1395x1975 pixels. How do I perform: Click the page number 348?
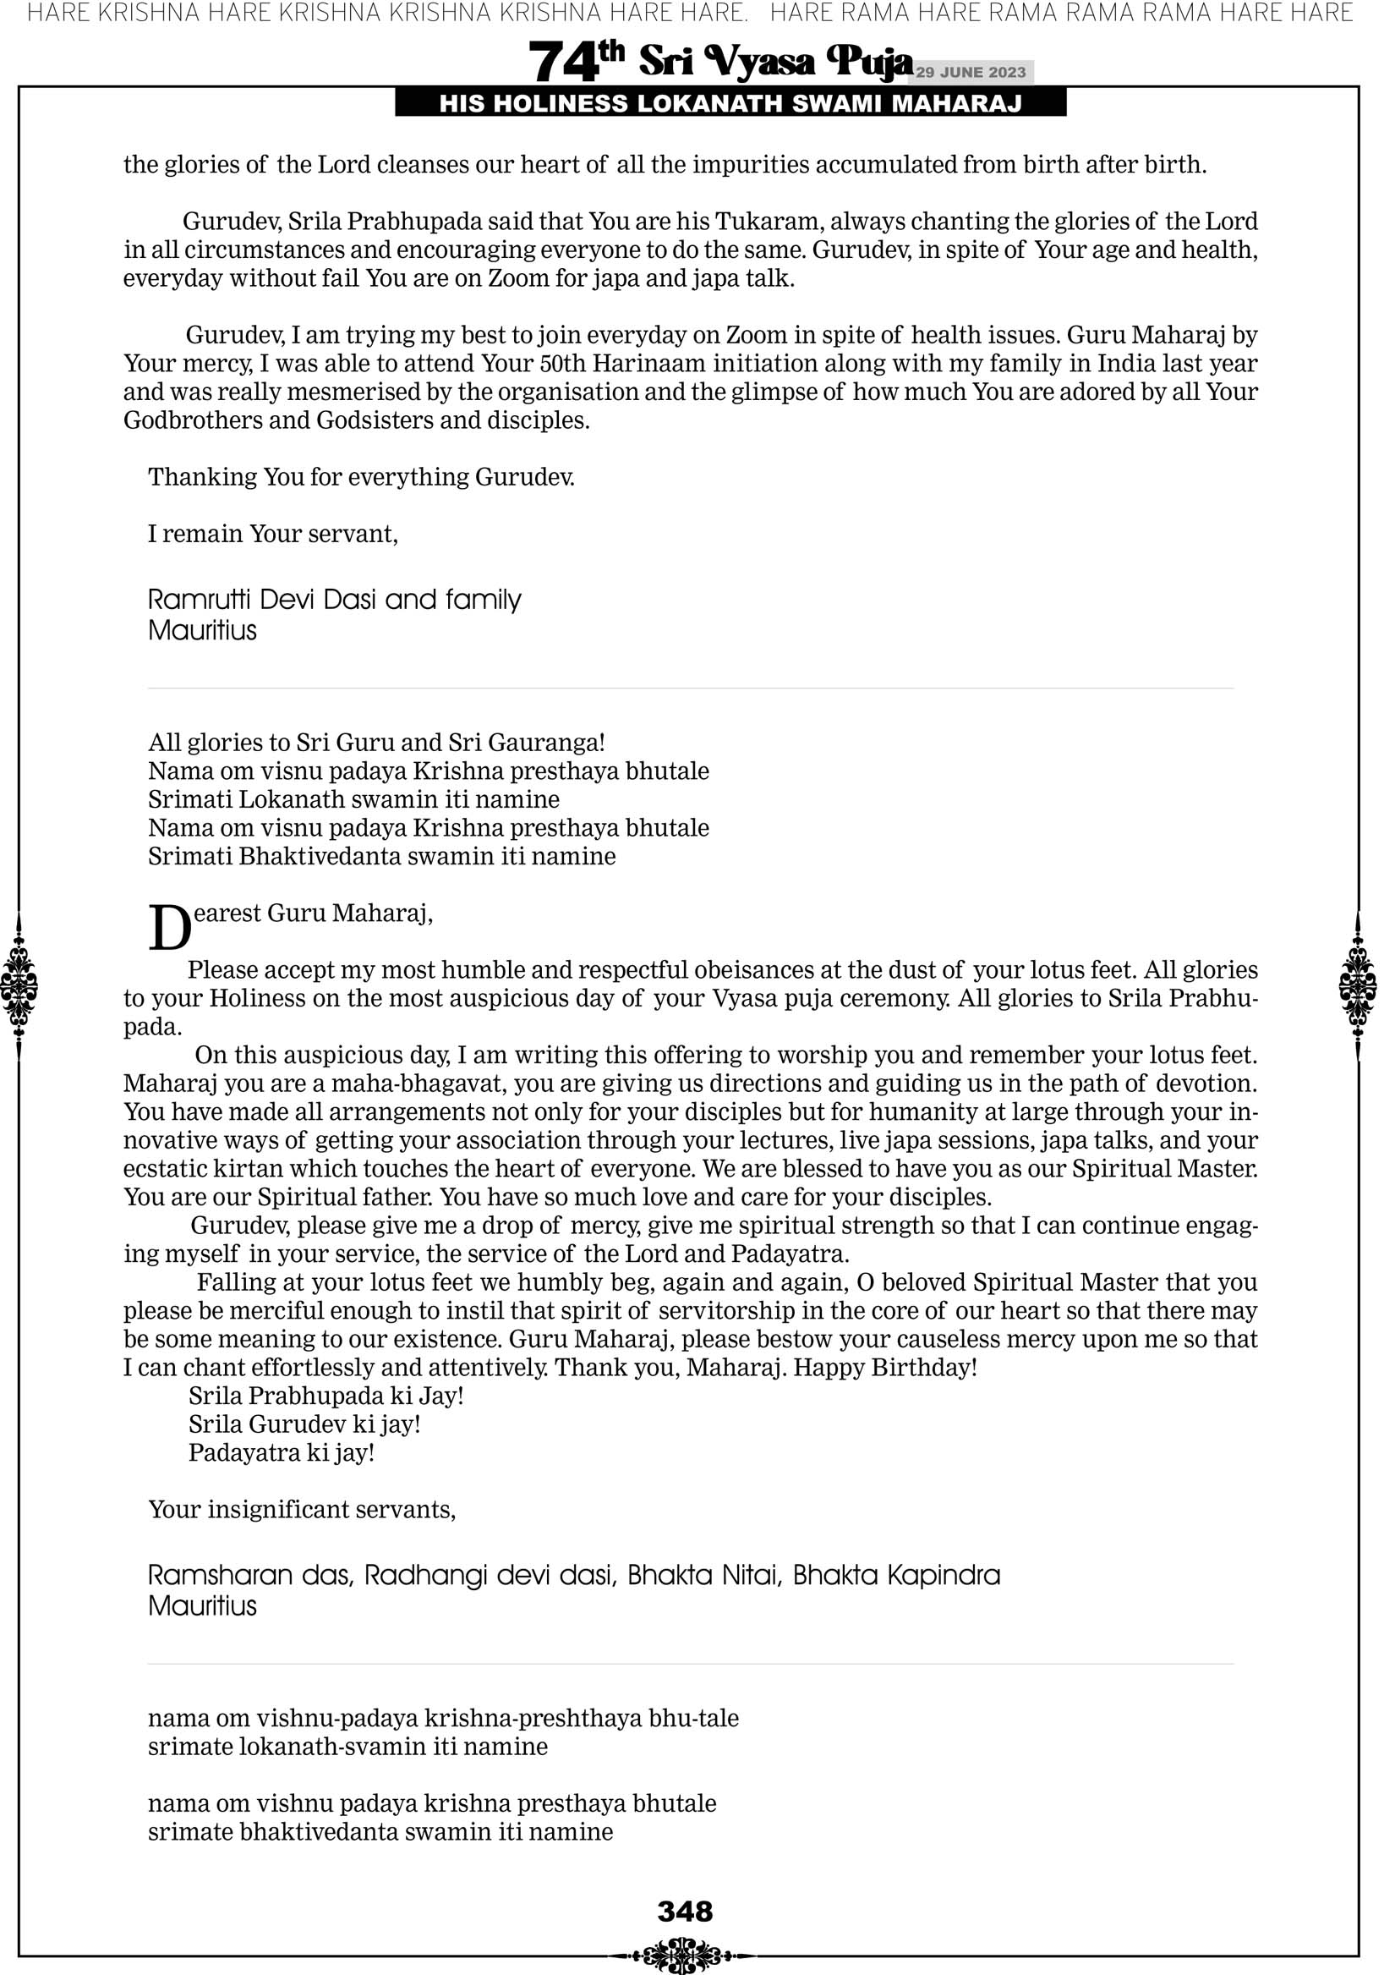(x=685, y=1912)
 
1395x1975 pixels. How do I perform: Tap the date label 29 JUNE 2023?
(x=970, y=72)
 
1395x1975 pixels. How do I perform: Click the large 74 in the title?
(x=562, y=63)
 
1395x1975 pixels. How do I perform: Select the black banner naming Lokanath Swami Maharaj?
(x=730, y=104)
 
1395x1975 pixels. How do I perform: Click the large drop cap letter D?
(x=169, y=929)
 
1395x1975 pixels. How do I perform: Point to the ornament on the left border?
(x=19, y=985)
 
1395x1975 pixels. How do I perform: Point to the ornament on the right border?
(x=1358, y=985)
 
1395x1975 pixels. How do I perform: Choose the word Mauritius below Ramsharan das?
(x=202, y=1606)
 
